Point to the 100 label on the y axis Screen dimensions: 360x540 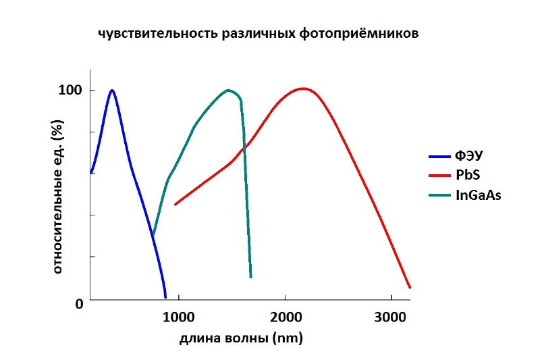(71, 90)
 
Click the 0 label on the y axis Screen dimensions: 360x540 (78, 304)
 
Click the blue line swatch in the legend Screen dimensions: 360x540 (442, 156)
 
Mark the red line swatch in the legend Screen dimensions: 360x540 (442, 176)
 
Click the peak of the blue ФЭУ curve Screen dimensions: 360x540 (112, 90)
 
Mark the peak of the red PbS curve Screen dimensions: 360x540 (303, 88)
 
